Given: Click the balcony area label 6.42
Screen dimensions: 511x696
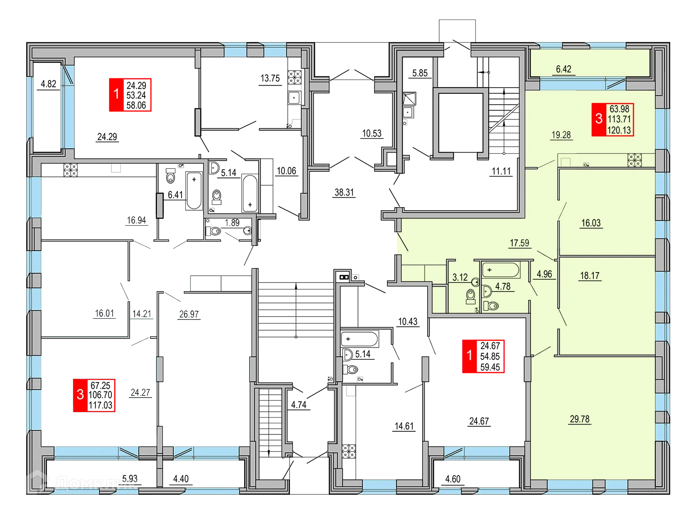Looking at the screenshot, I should click(563, 69).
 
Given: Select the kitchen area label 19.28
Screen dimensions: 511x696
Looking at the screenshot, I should click(561, 135).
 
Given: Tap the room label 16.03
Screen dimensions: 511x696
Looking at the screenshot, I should click(591, 223).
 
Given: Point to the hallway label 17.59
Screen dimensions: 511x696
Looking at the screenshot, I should click(519, 243).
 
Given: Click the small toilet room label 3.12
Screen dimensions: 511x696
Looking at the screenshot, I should click(460, 278).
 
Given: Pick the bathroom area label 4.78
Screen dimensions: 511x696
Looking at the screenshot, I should click(503, 287).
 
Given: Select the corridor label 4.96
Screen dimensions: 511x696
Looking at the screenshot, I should click(544, 274).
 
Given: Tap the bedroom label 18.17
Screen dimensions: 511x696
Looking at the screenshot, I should click(590, 275).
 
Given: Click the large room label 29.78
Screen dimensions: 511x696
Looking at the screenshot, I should click(580, 419).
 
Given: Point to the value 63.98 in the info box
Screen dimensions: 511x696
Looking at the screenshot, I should click(619, 109).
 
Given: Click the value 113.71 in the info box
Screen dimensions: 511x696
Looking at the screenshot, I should click(619, 120).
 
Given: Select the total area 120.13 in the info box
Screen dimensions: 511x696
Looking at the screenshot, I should click(619, 130).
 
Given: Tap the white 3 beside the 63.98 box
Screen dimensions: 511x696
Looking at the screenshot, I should click(599, 119).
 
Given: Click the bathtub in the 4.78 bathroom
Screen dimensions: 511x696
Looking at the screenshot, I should click(501, 270).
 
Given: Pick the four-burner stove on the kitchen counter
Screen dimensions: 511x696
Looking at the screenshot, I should click(635, 160).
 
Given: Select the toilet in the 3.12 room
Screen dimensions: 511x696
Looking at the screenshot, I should click(471, 296).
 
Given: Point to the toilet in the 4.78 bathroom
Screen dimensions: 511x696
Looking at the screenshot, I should click(492, 306).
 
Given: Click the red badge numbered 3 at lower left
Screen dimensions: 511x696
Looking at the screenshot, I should click(80, 394).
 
